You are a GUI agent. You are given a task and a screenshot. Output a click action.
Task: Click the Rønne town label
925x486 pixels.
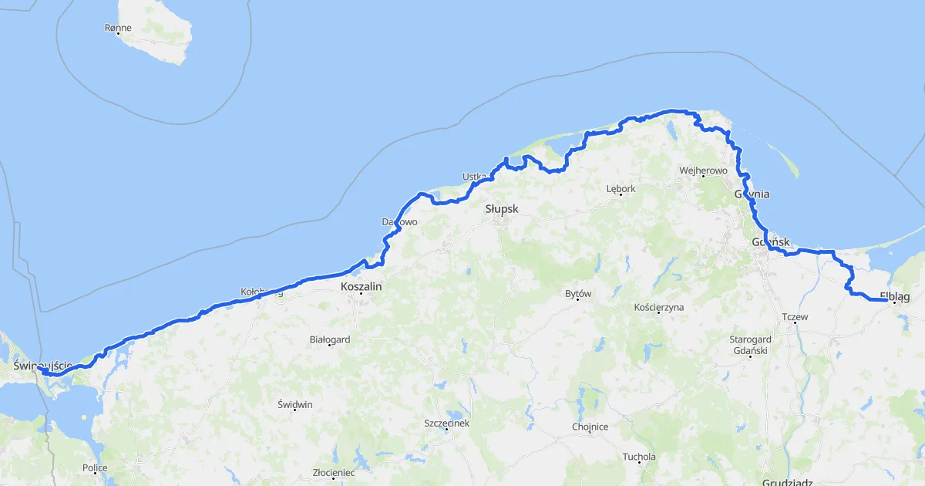tap(118, 28)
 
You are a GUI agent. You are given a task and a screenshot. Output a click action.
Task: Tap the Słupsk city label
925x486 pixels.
tap(502, 209)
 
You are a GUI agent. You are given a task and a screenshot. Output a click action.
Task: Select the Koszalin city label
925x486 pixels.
tap(361, 285)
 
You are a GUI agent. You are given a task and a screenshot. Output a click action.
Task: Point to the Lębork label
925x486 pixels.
tap(621, 188)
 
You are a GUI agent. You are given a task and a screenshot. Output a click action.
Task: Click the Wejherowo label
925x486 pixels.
tap(703, 170)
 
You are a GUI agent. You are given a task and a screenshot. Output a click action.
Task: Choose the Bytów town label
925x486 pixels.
tap(577, 294)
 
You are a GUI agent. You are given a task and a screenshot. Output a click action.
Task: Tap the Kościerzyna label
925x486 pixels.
tap(658, 307)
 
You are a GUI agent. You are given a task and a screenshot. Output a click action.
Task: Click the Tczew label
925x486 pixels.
tap(794, 317)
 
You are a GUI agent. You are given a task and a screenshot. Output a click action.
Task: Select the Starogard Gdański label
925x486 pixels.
tap(750, 345)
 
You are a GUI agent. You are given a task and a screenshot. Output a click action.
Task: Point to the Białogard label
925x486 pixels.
tap(329, 339)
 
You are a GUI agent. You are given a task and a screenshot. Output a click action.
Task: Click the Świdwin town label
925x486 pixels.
tap(296, 404)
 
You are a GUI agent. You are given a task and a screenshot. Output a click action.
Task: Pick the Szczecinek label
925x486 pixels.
tap(446, 423)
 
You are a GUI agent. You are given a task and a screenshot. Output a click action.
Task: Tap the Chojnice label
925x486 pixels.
tap(590, 427)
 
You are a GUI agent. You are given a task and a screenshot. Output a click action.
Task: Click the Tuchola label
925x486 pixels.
tap(639, 457)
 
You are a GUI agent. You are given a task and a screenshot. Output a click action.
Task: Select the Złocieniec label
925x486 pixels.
tap(333, 472)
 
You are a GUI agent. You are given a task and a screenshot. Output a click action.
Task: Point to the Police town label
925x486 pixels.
tap(95, 467)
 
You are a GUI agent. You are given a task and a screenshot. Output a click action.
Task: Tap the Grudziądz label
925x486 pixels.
tap(786, 481)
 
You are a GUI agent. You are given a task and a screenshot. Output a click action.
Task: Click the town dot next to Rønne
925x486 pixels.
tap(119, 35)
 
